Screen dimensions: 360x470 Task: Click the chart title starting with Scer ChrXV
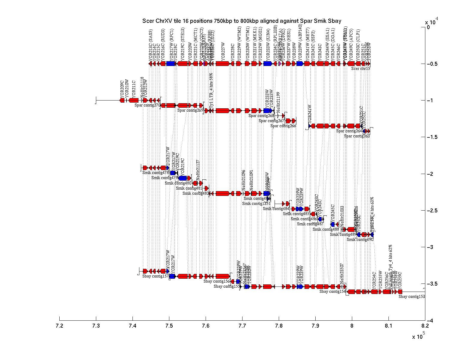[242, 21]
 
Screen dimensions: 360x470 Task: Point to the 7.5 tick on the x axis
[169, 319]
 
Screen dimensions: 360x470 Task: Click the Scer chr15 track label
[361, 68]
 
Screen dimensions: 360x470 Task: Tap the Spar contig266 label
[283, 126]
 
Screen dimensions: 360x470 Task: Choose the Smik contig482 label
[196, 193]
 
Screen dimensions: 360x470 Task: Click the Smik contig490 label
[360, 240]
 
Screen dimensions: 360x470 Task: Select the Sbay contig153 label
[412, 297]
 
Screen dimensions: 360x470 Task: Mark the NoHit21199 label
[278, 102]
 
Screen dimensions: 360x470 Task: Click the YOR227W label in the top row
[223, 51]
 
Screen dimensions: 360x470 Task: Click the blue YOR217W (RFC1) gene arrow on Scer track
[171, 64]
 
